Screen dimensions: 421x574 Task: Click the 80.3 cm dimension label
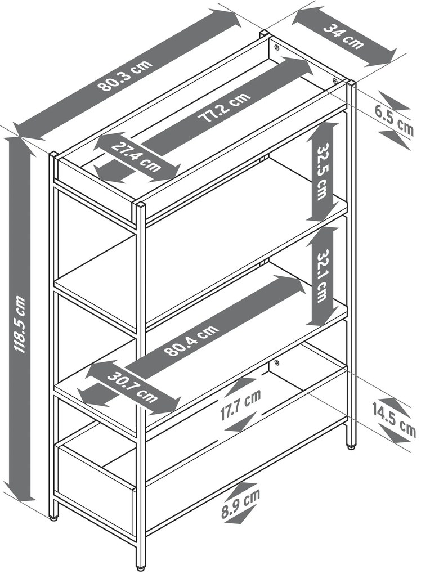[x=125, y=75]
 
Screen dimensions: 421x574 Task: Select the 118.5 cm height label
[x=19, y=325]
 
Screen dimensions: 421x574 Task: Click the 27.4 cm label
[x=136, y=156]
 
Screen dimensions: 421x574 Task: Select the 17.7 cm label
[x=241, y=405]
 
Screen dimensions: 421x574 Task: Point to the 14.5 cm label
[x=394, y=419]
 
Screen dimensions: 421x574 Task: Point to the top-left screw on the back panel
[x=276, y=47]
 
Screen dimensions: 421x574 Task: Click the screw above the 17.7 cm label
[x=276, y=363]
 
